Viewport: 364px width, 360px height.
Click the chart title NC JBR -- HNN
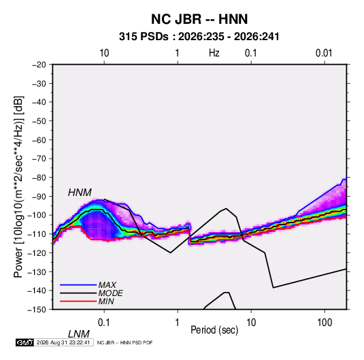pos(199,19)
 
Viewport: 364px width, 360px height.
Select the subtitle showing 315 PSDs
pos(199,37)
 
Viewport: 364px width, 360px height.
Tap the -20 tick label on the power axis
pos(39,65)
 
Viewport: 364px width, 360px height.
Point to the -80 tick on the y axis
pos(39,178)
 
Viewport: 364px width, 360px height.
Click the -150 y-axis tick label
pos(37,310)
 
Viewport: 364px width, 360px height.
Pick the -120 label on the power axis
pos(37,252)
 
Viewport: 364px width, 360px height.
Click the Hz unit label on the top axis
pos(214,53)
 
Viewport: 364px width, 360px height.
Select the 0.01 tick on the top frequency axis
pos(324,53)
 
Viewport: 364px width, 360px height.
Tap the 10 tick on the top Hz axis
pos(104,53)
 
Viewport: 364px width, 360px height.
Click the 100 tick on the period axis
pos(325,323)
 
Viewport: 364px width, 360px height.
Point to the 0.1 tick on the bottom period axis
pos(104,323)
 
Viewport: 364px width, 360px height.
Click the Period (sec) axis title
pos(214,330)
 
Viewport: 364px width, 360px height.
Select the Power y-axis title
pos(18,186)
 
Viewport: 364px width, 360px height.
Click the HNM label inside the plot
pos(80,193)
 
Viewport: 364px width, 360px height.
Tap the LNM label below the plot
pos(79,334)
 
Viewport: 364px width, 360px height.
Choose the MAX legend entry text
pos(107,284)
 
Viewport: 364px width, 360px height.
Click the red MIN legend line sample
pos(78,301)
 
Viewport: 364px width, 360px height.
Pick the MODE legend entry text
pos(110,293)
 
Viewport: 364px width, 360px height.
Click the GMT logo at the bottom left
pos(25,342)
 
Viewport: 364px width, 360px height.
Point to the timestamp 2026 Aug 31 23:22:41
pos(63,342)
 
